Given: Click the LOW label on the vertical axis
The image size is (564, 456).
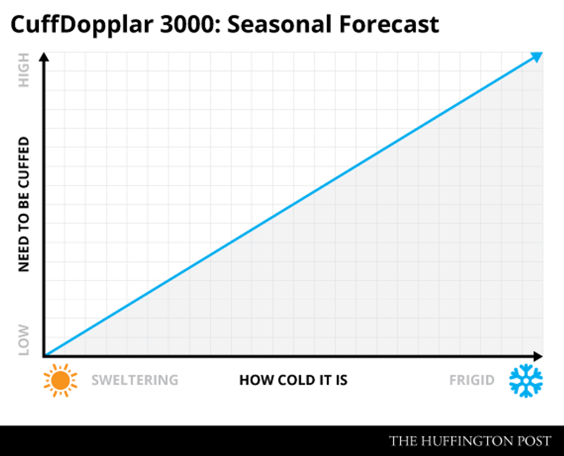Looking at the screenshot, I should (x=24, y=339).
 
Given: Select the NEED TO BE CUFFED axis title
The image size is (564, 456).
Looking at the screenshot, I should (x=24, y=205).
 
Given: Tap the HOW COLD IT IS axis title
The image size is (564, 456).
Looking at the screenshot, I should (x=294, y=380).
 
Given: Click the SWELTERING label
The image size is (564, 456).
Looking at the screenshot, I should (x=135, y=380).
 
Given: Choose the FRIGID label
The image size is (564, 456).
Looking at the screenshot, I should (x=471, y=380).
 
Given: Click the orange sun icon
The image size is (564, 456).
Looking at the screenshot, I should (x=60, y=380).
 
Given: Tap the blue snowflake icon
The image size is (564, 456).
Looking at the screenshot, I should (x=526, y=380).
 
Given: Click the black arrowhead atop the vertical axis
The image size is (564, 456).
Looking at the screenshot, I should (x=45, y=57).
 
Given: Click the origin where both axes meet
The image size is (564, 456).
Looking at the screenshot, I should (x=45, y=356).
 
